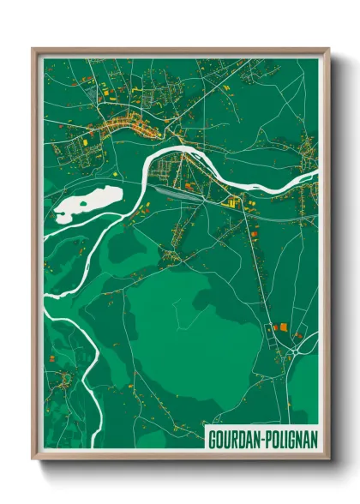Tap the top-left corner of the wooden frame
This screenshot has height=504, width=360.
click(33, 50)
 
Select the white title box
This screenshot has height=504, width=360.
click(261, 437)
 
